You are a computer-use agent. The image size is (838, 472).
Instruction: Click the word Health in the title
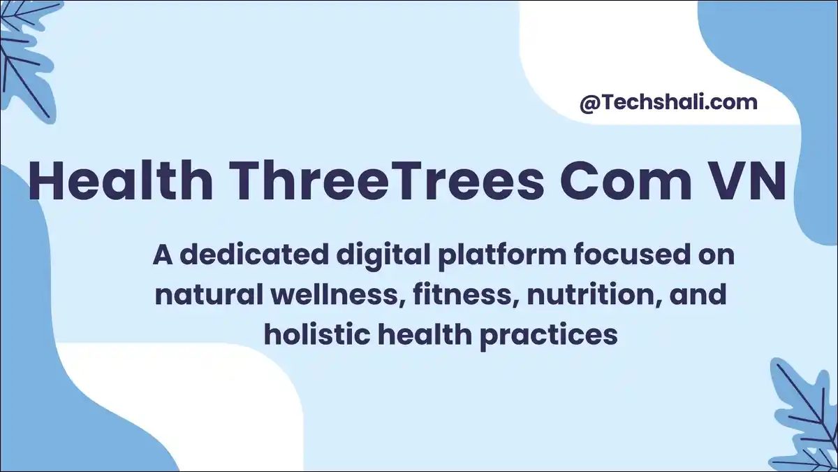120,181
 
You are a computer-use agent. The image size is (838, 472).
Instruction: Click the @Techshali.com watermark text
668,102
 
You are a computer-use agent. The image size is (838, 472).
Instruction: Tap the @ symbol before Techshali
588,103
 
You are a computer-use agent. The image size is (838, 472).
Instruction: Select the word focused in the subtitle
624,255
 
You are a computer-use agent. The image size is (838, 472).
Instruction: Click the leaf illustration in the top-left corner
28,52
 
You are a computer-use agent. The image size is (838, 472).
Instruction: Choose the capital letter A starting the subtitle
163,255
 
